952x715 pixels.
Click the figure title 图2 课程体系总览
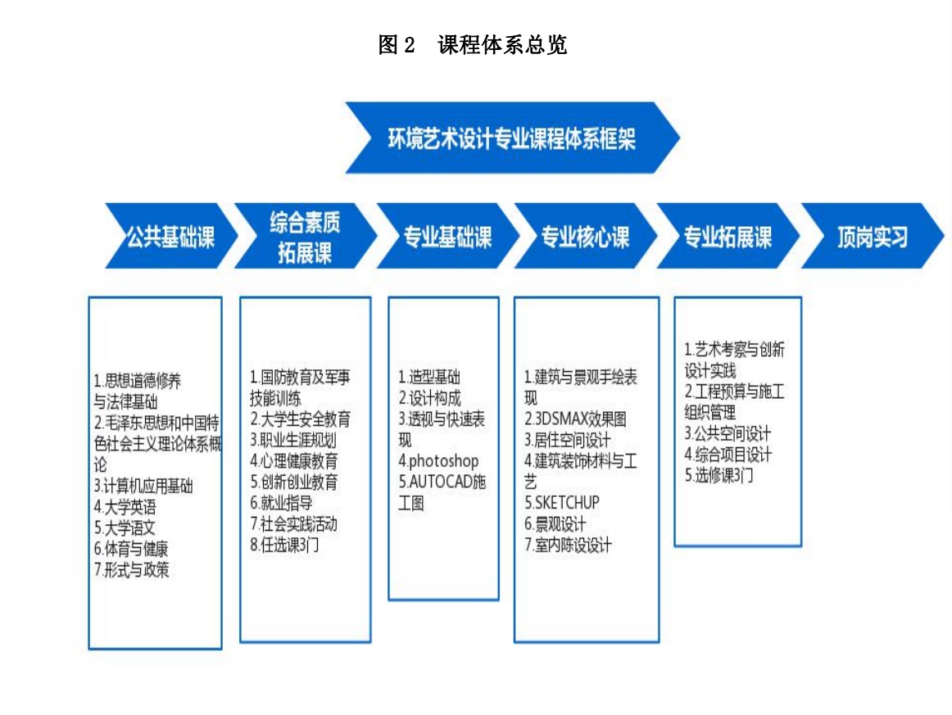[473, 45]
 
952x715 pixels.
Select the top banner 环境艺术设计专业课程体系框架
[512, 138]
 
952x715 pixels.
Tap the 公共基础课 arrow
[171, 236]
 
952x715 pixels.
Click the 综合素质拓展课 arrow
[306, 236]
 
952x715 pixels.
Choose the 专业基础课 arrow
[448, 236]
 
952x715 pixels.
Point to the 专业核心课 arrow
[585, 236]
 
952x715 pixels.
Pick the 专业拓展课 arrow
[728, 236]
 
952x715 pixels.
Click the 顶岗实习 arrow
[873, 236]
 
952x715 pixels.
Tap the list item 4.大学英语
[125, 507]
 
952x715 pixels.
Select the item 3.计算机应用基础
[143, 486]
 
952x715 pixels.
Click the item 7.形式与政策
[132, 570]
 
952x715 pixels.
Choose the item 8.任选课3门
[284, 545]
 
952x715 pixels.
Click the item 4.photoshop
[438, 460]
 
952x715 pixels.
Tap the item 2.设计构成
[430, 397]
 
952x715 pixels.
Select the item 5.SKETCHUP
[561, 503]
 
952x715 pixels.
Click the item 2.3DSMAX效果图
[576, 419]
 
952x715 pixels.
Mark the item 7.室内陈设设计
[568, 545]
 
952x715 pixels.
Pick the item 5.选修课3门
[719, 475]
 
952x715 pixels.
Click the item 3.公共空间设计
[728, 433]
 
